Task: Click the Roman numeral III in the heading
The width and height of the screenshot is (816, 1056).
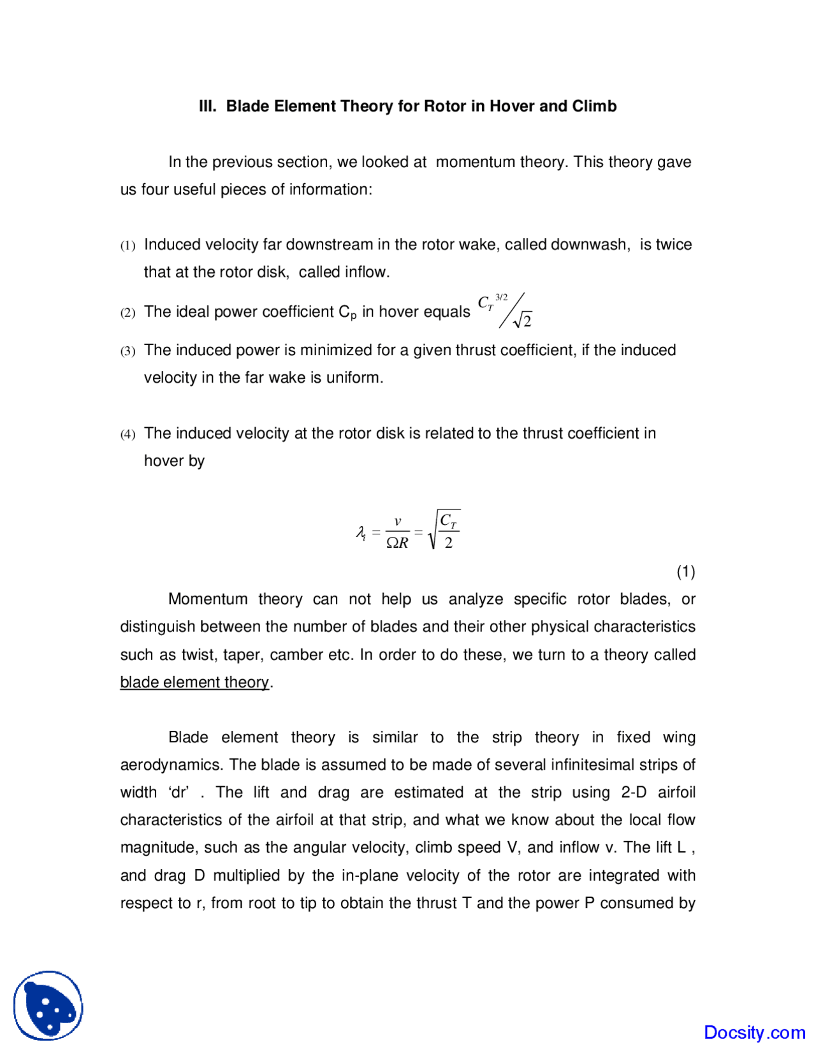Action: (x=207, y=106)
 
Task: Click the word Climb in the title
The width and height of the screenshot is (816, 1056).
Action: (x=594, y=106)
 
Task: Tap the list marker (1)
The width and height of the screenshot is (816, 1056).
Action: (x=127, y=246)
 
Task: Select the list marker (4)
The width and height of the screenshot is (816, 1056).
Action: (x=127, y=434)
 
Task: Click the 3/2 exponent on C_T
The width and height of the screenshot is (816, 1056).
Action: (x=502, y=297)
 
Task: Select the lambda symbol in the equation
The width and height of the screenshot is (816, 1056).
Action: (x=360, y=532)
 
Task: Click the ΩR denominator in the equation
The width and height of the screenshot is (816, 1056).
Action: (x=397, y=543)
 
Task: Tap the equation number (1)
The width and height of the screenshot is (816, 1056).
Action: (x=685, y=571)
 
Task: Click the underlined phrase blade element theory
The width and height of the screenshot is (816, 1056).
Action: (x=194, y=682)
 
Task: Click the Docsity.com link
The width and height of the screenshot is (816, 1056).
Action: (x=754, y=1032)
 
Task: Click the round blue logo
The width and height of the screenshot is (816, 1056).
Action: (x=48, y=1006)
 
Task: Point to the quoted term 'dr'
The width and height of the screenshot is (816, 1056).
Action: (x=179, y=792)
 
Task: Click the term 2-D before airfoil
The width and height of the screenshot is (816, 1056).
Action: (x=634, y=792)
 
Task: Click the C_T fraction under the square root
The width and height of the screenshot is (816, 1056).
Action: (x=449, y=531)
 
